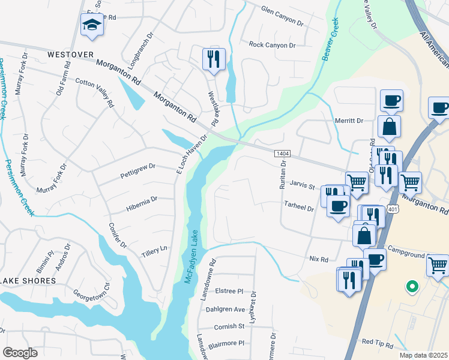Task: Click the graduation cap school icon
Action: [x=91, y=25]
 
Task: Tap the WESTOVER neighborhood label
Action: [x=70, y=55]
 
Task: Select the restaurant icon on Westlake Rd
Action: [x=214, y=59]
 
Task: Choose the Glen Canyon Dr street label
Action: [x=283, y=15]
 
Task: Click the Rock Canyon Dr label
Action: [x=273, y=45]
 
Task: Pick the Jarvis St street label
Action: [x=303, y=187]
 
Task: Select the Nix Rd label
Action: [x=319, y=259]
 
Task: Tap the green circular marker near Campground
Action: [x=412, y=287]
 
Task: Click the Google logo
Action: [x=20, y=353]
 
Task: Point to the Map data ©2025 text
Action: [x=423, y=355]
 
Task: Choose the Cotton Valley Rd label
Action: [x=94, y=92]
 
